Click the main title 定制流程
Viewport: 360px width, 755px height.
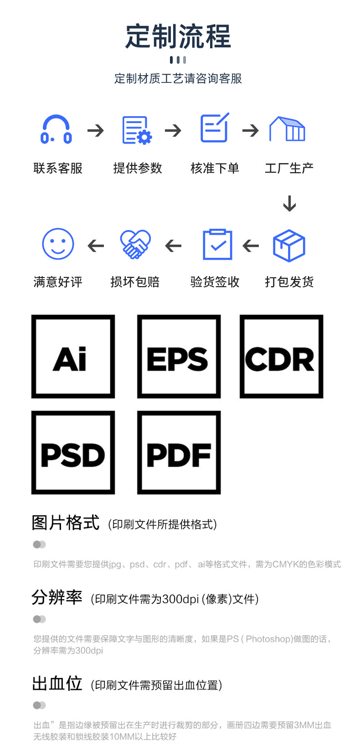pos(178,36)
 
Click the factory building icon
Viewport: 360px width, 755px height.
pos(287,129)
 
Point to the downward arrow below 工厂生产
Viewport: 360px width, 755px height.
pos(289,203)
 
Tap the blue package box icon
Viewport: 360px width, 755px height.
pos(289,246)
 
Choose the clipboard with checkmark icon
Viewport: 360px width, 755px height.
pos(217,245)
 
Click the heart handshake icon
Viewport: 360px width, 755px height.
pos(135,245)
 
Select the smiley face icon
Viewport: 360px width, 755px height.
pos(58,244)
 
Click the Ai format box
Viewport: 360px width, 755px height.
pos(73,356)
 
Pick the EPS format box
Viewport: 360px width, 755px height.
pos(179,356)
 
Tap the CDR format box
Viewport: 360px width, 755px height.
pos(281,356)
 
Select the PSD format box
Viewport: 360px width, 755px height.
pos(73,452)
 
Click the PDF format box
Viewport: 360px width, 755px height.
pos(179,452)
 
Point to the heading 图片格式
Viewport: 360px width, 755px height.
pos(65,523)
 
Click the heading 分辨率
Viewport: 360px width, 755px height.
pos(57,597)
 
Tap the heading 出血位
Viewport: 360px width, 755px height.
pos(57,683)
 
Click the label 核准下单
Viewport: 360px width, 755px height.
pos(215,168)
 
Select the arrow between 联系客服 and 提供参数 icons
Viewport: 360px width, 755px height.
pos(96,131)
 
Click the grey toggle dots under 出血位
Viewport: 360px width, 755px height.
pos(40,705)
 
